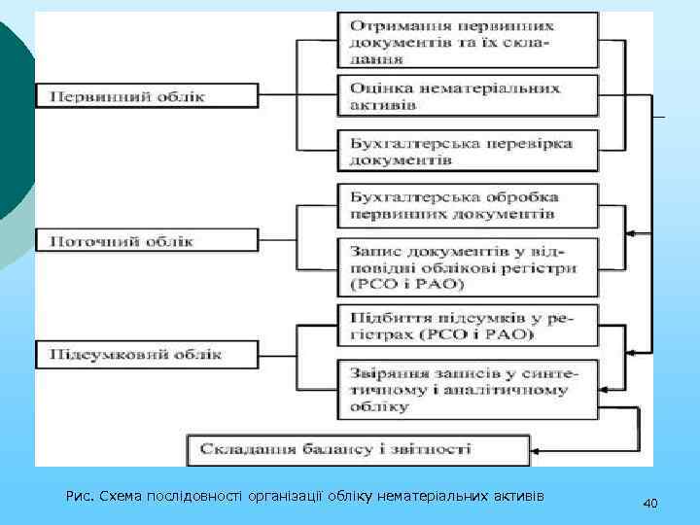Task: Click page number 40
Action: pyautogui.click(x=650, y=503)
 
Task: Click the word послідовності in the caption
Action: pyautogui.click(x=194, y=497)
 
